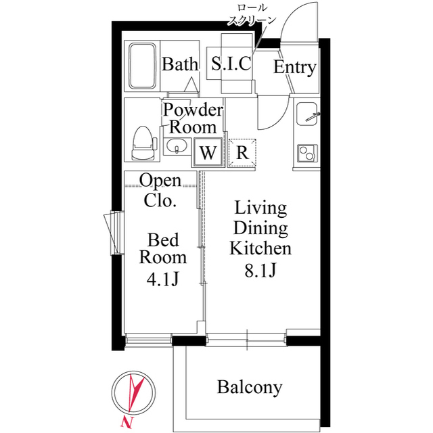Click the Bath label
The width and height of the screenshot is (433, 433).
point(180,65)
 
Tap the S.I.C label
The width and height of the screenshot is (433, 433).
point(231,65)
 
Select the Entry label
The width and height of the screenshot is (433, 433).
point(294,68)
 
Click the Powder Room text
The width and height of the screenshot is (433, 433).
point(193,118)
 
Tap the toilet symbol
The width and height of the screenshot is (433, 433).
point(142,143)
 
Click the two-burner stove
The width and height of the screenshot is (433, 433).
point(306,153)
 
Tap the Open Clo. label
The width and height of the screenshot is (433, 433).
point(160,190)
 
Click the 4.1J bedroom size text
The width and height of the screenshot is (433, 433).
point(162,278)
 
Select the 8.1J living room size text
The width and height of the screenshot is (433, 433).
point(260,270)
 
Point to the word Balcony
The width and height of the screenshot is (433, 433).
point(249,388)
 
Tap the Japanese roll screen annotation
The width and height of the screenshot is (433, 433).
point(252,14)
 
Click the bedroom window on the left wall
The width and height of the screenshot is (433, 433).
point(112,233)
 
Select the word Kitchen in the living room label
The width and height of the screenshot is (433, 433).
point(260,248)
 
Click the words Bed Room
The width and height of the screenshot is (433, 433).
point(163,248)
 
